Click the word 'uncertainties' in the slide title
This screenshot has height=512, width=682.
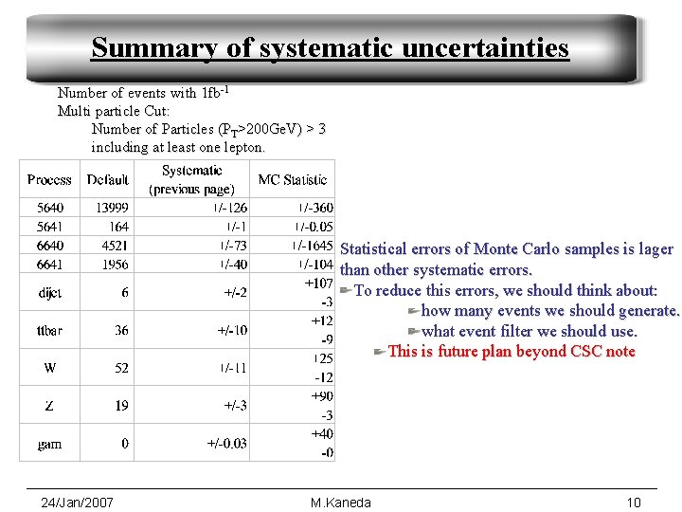point(482,47)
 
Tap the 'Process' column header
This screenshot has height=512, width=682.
point(49,179)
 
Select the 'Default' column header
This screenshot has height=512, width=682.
point(107,179)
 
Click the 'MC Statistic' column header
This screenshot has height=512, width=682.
point(292,179)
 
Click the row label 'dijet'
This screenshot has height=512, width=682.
point(50,293)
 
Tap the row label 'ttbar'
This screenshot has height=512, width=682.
point(49,330)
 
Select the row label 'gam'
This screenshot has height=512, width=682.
point(50,443)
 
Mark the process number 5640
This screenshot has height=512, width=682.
point(50,208)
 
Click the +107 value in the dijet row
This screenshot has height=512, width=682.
point(318,283)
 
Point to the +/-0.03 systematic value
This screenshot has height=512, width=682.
point(227,443)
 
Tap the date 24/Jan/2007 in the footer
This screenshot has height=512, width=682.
point(78,502)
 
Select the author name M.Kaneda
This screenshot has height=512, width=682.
point(341,502)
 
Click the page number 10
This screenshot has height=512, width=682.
point(634,502)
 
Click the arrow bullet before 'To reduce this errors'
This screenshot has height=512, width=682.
point(347,290)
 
